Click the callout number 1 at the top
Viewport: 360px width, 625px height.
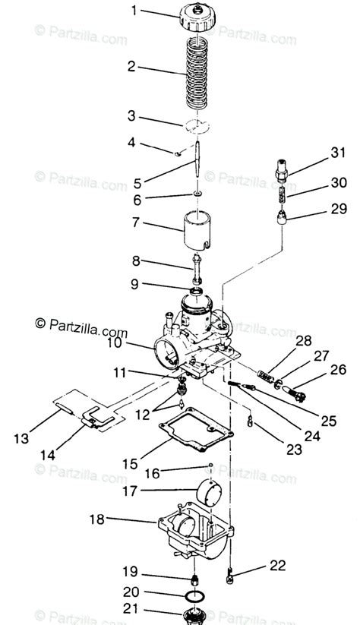coord(134,11)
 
